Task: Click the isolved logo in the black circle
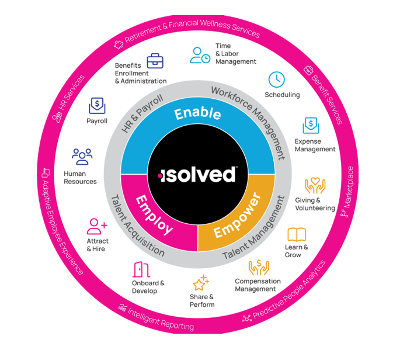(198, 174)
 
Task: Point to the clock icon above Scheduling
(276, 79)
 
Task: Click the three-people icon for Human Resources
(82, 157)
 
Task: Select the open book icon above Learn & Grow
(296, 235)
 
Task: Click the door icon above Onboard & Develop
(140, 269)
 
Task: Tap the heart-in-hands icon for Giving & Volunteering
(315, 186)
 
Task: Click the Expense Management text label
(315, 145)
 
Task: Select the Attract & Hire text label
(98, 245)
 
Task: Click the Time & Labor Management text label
(235, 54)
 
